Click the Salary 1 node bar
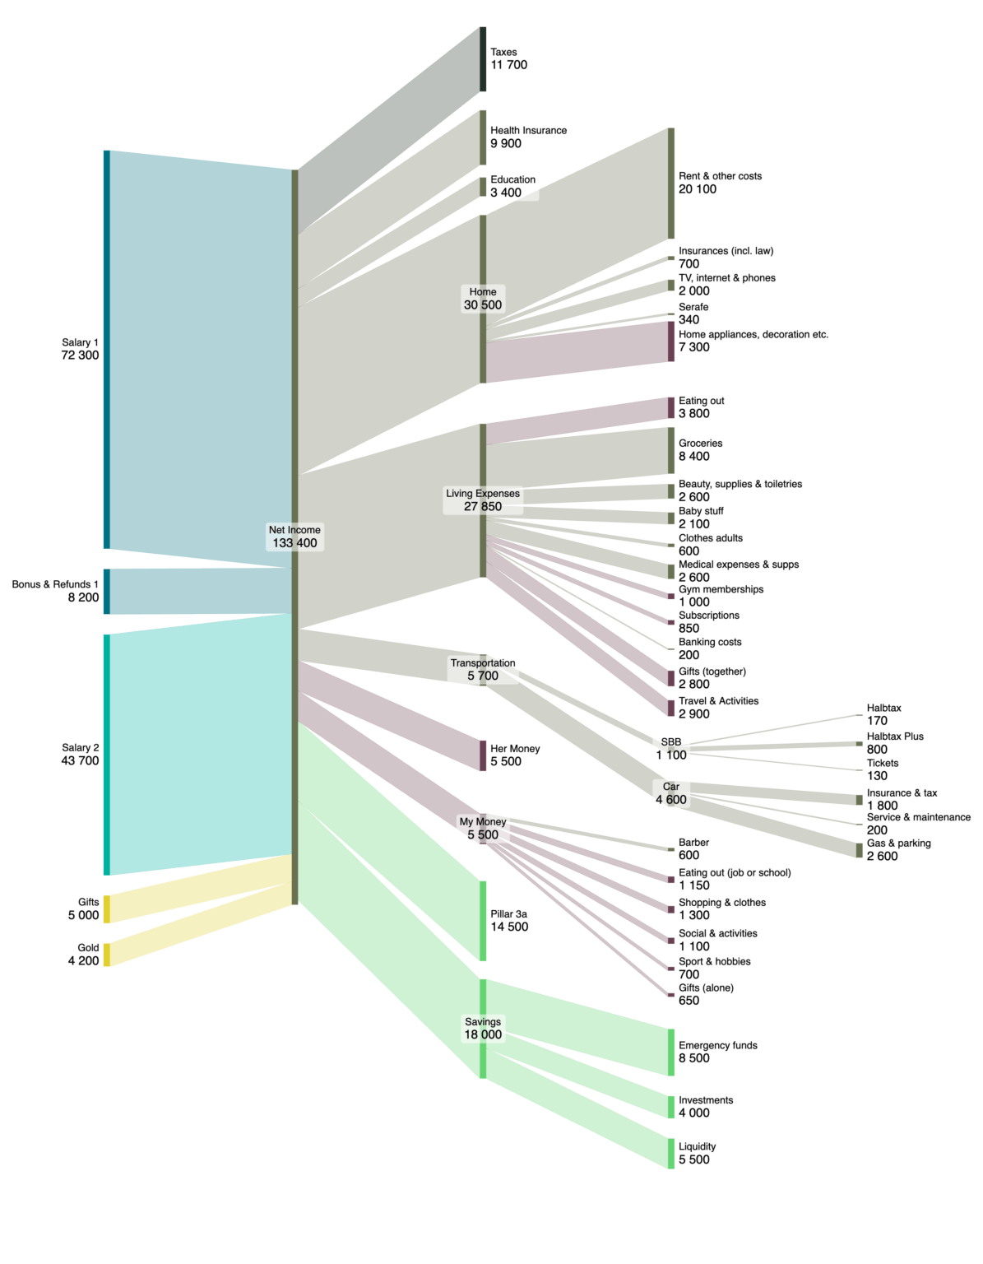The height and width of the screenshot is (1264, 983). point(107,349)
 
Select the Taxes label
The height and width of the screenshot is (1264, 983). point(503,52)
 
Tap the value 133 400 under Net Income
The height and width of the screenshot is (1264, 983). point(294,543)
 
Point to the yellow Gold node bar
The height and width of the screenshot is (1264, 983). point(107,955)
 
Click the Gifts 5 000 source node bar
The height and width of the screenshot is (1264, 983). point(107,908)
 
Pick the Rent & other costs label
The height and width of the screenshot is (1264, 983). point(720,176)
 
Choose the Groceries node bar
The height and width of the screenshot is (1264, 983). point(671,450)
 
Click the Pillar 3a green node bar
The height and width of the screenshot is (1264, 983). point(483,920)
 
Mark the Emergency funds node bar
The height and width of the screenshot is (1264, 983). point(671,1052)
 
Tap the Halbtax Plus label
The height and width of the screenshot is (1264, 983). point(895,737)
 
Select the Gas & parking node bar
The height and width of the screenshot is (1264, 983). point(860,850)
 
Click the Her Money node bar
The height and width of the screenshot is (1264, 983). point(483,755)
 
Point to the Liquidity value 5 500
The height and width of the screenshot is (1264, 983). point(693,1159)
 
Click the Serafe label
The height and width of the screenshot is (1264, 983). point(693,307)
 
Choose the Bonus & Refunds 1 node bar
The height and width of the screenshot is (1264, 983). point(107,591)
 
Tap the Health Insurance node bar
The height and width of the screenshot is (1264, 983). point(483,137)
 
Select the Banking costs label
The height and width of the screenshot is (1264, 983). point(710,642)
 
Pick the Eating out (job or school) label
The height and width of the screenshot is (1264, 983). point(735,872)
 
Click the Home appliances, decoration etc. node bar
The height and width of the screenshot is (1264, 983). point(671,342)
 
